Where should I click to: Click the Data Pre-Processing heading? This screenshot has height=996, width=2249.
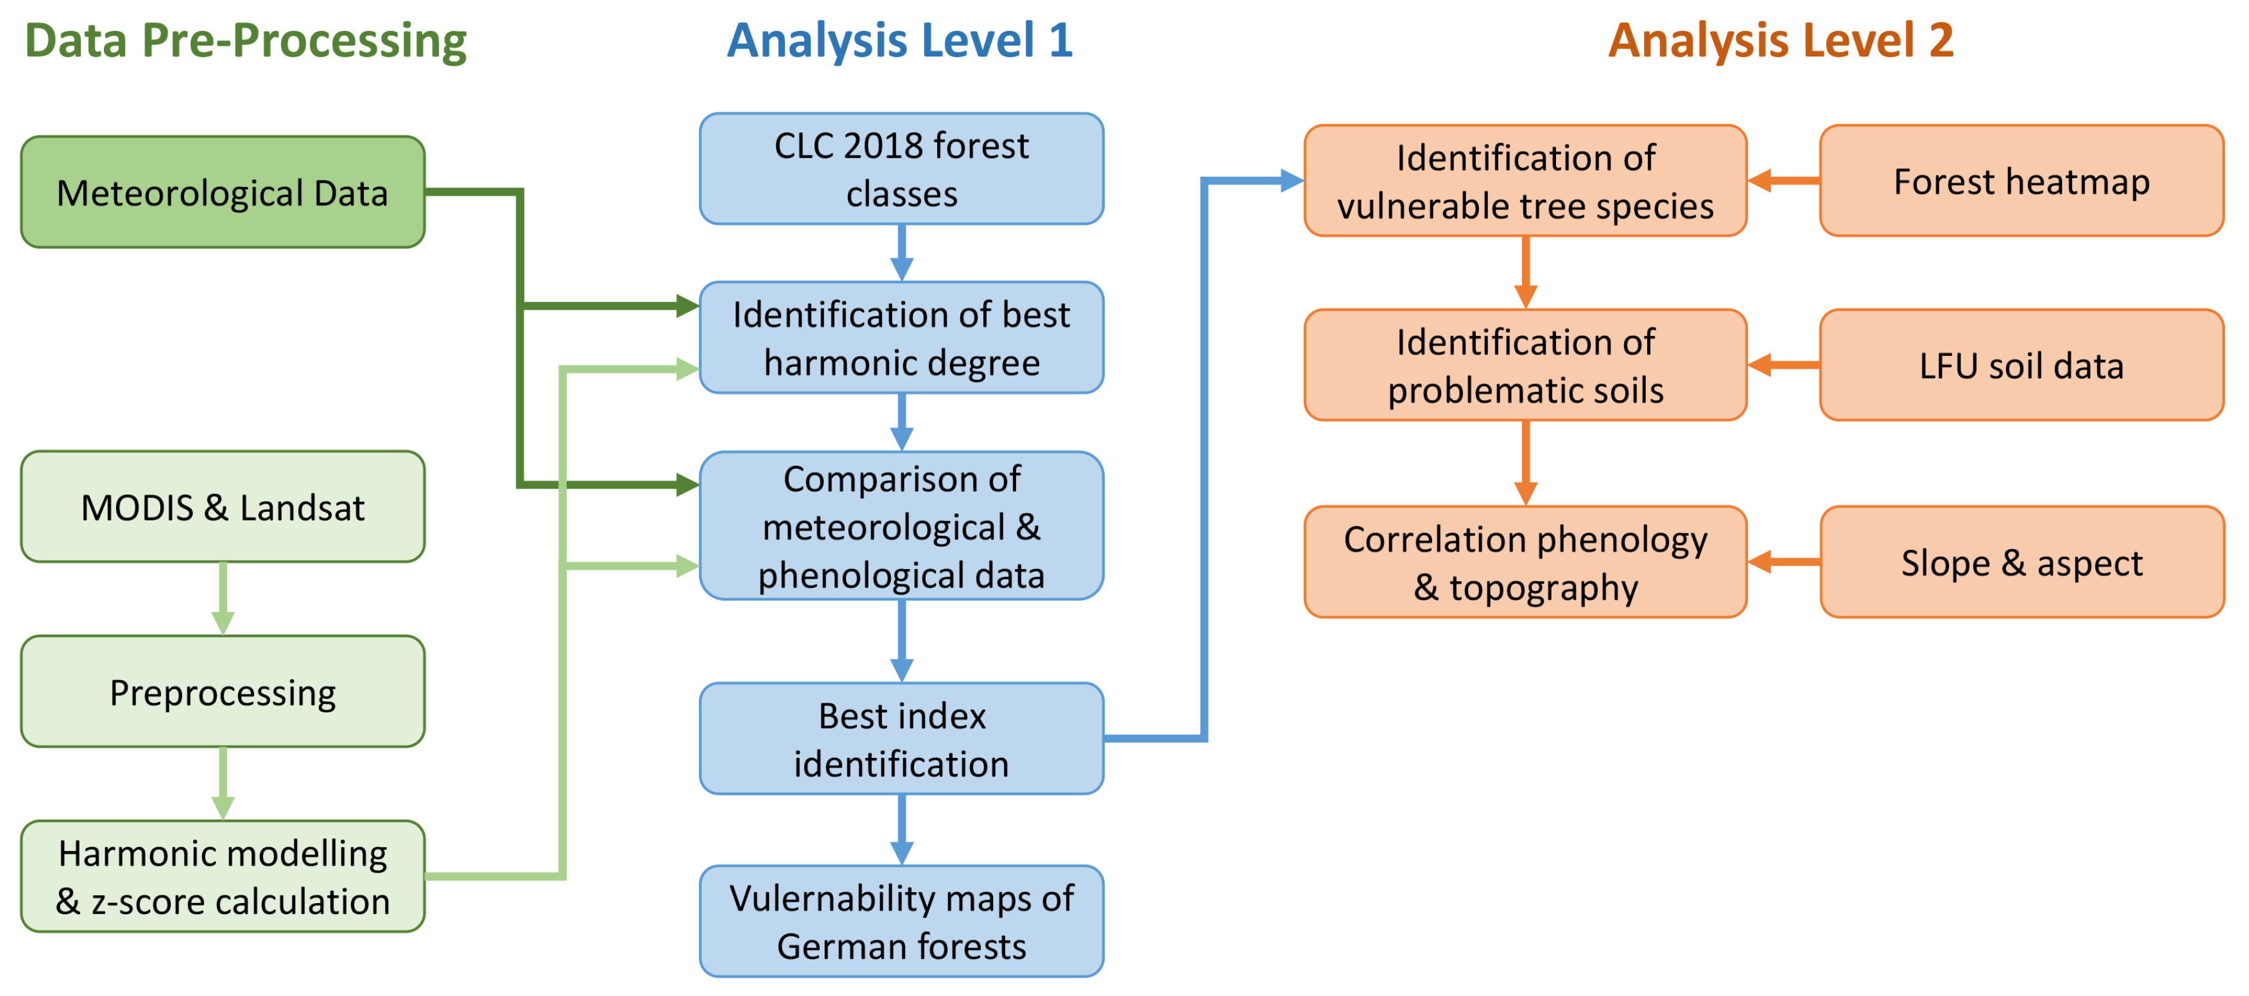[x=245, y=41]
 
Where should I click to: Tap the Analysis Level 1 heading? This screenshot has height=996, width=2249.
[x=900, y=41]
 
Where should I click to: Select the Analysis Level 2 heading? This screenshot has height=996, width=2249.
[x=1780, y=41]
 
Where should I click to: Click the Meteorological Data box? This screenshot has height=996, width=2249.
[x=223, y=192]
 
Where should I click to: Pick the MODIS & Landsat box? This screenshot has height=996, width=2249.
[x=223, y=507]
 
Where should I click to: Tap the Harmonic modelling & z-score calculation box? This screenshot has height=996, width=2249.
[x=223, y=876]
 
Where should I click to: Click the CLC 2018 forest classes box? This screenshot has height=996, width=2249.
[x=901, y=168]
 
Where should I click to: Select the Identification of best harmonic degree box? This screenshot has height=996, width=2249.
[x=901, y=338]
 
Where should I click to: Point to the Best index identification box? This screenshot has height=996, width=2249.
[x=901, y=738]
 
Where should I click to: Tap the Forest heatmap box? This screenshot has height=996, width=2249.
[x=2021, y=181]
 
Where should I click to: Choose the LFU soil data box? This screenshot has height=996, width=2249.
[x=2021, y=365]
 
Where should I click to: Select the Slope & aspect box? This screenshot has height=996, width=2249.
[x=2021, y=562]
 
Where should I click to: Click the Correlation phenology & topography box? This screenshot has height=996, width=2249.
[x=1525, y=562]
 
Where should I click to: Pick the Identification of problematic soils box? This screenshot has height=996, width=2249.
[x=1525, y=365]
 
